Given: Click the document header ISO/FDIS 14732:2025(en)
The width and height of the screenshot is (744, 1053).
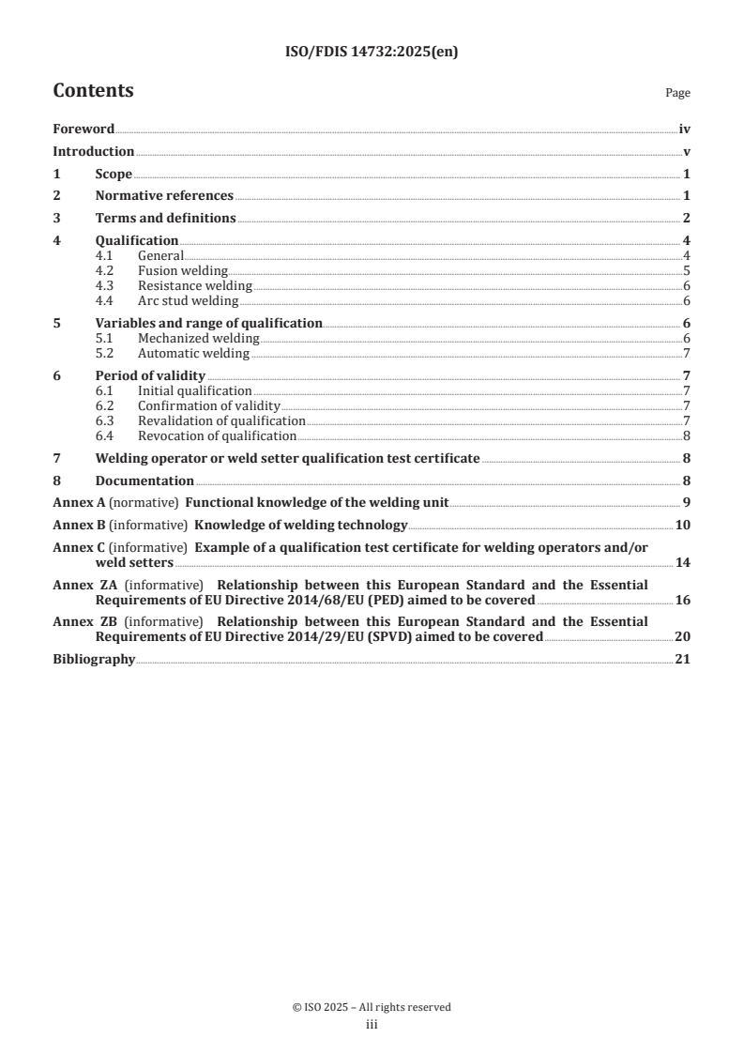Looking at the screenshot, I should point(372,53).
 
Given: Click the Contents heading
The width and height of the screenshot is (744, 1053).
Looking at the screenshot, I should point(93,91).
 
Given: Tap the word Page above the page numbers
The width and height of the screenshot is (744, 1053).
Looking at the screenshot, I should point(677,94).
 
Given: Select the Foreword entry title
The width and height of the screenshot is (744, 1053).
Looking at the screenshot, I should point(84,130).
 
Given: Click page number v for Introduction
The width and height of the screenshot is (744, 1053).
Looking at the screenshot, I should point(687,152).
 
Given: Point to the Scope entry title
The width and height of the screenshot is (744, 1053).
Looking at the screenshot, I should point(114,175).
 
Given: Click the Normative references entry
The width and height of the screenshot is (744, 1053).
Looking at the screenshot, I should point(164,196).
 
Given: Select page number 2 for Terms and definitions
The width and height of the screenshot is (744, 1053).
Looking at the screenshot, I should point(687,219).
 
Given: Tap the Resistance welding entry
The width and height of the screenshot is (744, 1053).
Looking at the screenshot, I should point(194,286).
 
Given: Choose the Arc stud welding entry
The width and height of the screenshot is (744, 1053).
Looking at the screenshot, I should point(188,301).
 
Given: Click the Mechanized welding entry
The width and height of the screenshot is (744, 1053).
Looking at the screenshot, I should point(198,339).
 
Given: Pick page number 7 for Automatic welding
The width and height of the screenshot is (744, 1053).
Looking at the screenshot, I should point(687,354).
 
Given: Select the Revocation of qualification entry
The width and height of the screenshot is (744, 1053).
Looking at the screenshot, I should point(217,436).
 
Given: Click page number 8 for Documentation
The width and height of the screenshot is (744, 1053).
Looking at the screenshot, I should point(687,481).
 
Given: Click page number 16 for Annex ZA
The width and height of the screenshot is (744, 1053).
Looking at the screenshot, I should point(683,600).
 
